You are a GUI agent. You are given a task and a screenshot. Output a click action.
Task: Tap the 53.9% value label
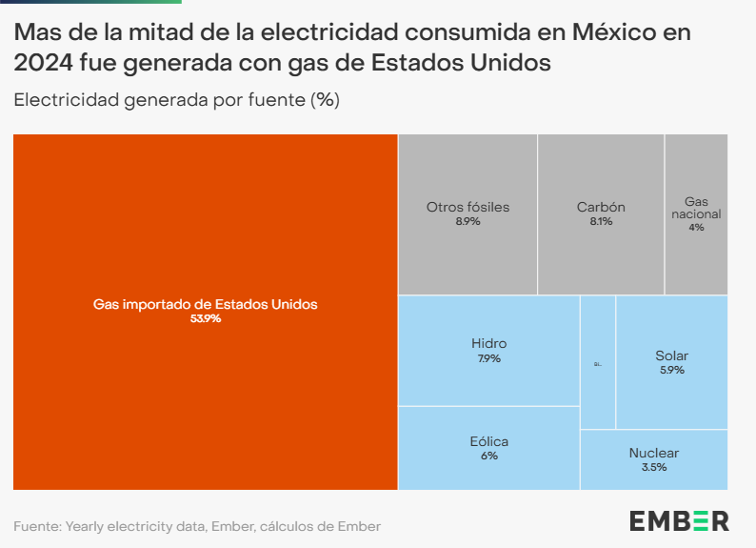(205, 319)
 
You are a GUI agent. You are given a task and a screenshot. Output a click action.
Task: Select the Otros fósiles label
(468, 207)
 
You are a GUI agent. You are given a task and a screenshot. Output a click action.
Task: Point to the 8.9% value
(468, 221)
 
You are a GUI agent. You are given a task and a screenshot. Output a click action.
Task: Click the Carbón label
(601, 207)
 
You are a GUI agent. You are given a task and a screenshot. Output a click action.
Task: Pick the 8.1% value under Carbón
(601, 221)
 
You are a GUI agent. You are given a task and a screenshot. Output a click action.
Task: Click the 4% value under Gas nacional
(696, 228)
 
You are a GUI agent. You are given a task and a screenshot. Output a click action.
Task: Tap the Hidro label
(488, 343)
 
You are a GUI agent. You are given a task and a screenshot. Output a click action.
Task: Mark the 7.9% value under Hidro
(488, 358)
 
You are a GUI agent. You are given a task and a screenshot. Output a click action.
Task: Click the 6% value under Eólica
(488, 456)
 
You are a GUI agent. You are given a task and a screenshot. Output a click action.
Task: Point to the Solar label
(671, 355)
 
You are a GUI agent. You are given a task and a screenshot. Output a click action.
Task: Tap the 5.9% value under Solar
(671, 370)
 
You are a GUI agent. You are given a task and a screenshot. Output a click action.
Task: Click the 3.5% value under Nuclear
(653, 467)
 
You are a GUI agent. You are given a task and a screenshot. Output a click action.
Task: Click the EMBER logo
(679, 520)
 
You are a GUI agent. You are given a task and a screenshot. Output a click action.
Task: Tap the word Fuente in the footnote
(34, 526)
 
